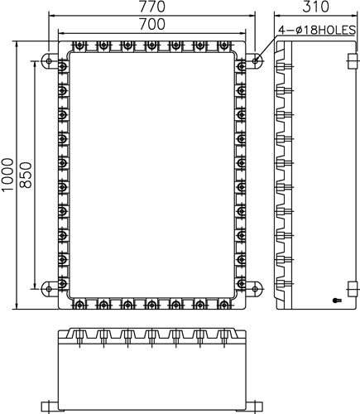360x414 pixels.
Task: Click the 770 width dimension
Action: coord(152,7)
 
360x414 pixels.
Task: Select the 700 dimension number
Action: coord(152,24)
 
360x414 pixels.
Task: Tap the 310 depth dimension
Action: coord(315,7)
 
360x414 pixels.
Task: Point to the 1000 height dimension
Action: coord(7,175)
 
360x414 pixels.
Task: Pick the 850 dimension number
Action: coord(26,175)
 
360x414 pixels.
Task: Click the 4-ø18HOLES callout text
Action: coord(317,30)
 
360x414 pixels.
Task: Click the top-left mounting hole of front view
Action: coord(49,60)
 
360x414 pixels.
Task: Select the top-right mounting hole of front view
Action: coord(256,60)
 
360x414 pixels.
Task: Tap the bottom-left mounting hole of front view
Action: coord(49,289)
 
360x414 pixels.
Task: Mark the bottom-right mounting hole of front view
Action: coord(256,289)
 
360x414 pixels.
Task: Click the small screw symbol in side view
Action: coord(337,301)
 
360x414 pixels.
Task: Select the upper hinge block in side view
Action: coord(352,61)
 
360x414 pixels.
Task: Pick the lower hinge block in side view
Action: coord(352,289)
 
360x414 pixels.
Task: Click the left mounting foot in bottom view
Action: coord(50,407)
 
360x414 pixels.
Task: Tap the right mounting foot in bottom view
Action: coord(254,407)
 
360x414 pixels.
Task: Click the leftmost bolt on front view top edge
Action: coord(80,45)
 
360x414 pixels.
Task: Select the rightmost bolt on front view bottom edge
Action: coord(224,305)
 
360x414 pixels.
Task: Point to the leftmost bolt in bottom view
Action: coord(79,337)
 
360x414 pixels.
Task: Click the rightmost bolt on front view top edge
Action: coord(224,45)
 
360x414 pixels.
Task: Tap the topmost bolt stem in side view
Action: coord(286,66)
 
